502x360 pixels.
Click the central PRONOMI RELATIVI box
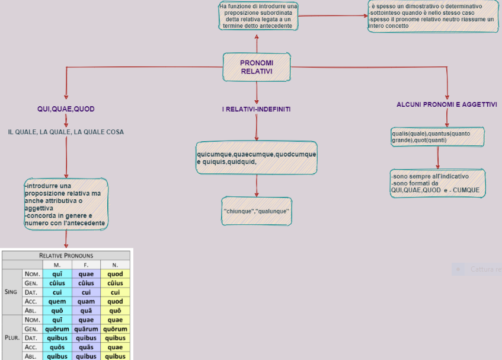pyautogui.click(x=257, y=67)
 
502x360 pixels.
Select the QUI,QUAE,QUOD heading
pyautogui.click(x=66, y=109)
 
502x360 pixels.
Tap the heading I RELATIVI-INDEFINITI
pyautogui.click(x=256, y=110)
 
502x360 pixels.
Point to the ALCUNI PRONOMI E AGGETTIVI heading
pyautogui.click(x=446, y=104)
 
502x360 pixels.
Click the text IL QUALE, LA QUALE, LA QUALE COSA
pyautogui.click(x=66, y=132)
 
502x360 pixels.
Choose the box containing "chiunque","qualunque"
pyautogui.click(x=257, y=211)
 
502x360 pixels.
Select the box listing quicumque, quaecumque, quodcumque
pyautogui.click(x=257, y=158)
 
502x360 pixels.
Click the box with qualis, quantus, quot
pyautogui.click(x=437, y=137)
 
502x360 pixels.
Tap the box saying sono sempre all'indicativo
pyautogui.click(x=437, y=183)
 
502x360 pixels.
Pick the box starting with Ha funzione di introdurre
pyautogui.click(x=257, y=16)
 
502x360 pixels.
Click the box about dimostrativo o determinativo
pyautogui.click(x=431, y=17)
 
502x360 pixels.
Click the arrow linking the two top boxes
pyautogui.click(x=332, y=16)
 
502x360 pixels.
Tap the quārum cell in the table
pyautogui.click(x=86, y=329)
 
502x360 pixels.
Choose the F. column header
pyautogui.click(x=86, y=265)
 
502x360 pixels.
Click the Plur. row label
pyautogui.click(x=11, y=338)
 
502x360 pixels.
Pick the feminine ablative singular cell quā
pyautogui.click(x=86, y=311)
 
